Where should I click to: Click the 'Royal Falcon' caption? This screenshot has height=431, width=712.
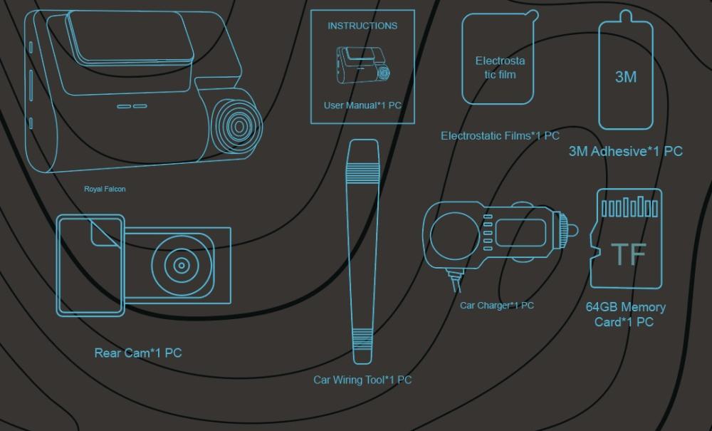105,189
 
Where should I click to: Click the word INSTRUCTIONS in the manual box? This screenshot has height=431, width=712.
362,26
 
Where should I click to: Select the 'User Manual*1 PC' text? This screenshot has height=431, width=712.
362,105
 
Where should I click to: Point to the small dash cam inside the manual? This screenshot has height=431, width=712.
363,65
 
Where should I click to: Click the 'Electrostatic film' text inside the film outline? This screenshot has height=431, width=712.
500,68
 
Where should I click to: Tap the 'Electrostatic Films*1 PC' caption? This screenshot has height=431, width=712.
500,135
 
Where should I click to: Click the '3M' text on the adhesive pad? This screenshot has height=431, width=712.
626,77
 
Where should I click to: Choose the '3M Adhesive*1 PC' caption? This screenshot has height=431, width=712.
626,151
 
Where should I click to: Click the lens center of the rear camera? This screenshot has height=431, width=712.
182,266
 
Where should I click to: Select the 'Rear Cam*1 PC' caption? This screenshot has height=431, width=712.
138,353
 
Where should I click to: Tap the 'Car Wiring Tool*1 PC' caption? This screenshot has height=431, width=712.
362,380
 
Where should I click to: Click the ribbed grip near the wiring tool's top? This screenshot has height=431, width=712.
362,173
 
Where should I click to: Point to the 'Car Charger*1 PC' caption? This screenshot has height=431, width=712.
497,305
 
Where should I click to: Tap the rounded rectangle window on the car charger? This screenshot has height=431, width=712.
520,232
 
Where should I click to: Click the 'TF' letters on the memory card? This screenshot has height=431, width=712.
629,254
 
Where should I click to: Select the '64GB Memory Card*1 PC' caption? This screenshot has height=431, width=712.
626,314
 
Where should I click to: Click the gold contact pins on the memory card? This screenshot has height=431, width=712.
630,207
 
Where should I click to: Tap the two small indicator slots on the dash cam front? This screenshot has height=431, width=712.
132,106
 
